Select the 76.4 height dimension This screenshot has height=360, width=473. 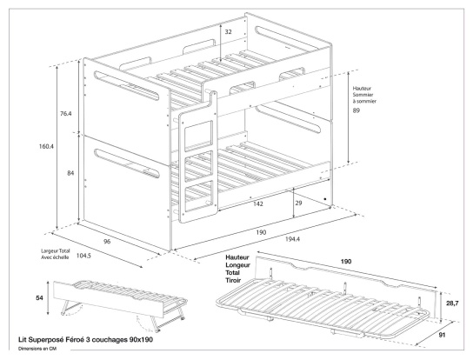tap(65, 112)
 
